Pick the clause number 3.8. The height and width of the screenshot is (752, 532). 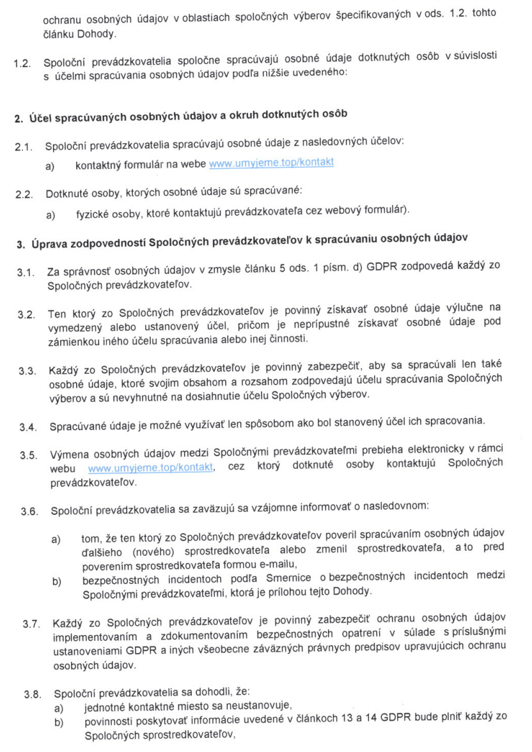[x=31, y=693]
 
